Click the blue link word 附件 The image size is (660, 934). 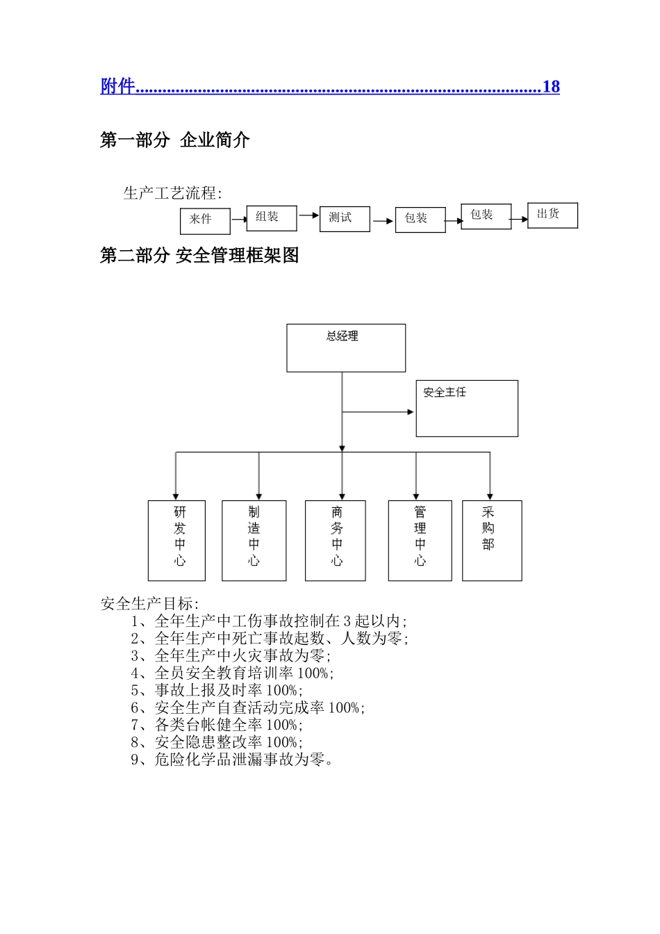click(x=117, y=86)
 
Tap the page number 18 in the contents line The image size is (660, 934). click(x=551, y=87)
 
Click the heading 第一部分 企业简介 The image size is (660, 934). click(x=174, y=140)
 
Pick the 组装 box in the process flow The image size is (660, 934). click(x=272, y=218)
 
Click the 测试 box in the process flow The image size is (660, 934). click(x=345, y=218)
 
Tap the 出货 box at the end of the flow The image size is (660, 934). click(x=552, y=215)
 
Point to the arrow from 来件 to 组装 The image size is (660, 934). click(x=238, y=220)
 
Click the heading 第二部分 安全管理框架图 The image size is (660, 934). click(x=199, y=256)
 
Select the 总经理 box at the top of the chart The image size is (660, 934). click(x=346, y=347)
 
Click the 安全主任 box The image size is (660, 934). click(x=467, y=408)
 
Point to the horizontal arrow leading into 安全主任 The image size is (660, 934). click(x=379, y=412)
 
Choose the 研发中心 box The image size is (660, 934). click(x=176, y=540)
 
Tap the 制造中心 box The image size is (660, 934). click(x=254, y=540)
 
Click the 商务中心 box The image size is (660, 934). click(x=336, y=540)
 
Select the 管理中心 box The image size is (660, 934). click(x=420, y=540)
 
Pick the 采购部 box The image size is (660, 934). click(x=492, y=540)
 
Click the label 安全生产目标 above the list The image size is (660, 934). click(x=149, y=603)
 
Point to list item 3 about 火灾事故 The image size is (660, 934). click(x=231, y=655)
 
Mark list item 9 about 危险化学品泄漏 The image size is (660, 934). click(x=232, y=760)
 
